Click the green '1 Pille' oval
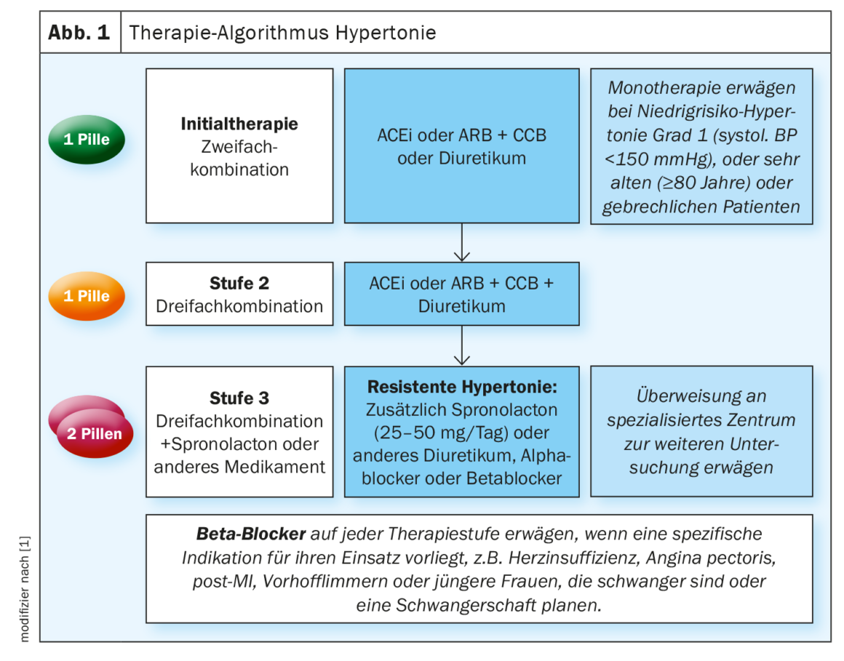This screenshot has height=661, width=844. [x=86, y=139]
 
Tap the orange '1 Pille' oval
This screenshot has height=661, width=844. [x=86, y=296]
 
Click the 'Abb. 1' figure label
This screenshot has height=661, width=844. [x=79, y=33]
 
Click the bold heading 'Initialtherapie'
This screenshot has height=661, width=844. [x=239, y=124]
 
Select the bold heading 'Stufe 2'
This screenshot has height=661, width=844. [x=239, y=283]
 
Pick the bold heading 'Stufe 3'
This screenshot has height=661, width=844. [x=239, y=398]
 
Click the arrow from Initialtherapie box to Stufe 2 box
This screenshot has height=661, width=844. [x=462, y=242]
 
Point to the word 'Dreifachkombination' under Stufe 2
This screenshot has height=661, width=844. [x=239, y=306]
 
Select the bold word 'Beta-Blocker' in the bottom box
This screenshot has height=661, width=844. [x=251, y=534]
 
